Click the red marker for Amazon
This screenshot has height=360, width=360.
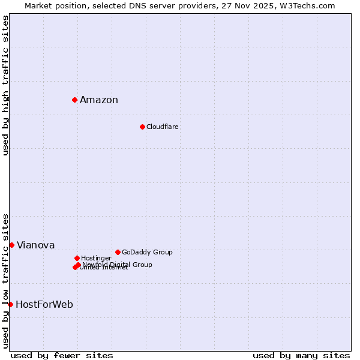coord(74,100)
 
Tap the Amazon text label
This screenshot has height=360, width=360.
coord(99,100)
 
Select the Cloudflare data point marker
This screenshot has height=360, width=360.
coord(142,127)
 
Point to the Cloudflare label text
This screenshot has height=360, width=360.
coord(163,127)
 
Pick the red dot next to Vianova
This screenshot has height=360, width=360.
coord(11,245)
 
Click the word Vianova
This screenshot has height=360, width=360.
coord(36,245)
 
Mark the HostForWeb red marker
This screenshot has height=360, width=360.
coord(10,304)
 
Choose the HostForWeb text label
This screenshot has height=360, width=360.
coord(44,305)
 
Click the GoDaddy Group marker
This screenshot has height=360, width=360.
coord(118,252)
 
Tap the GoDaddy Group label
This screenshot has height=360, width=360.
coord(147,253)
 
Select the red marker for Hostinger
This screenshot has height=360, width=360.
coord(77,258)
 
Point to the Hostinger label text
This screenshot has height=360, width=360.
coord(96,259)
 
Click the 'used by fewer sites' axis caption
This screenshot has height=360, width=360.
coord(62,356)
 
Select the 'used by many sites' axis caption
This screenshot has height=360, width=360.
coord(301,356)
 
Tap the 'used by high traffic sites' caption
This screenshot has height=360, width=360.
coord(6,85)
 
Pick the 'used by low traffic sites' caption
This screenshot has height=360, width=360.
coord(6,280)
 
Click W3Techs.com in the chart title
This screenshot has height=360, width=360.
coord(310,6)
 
